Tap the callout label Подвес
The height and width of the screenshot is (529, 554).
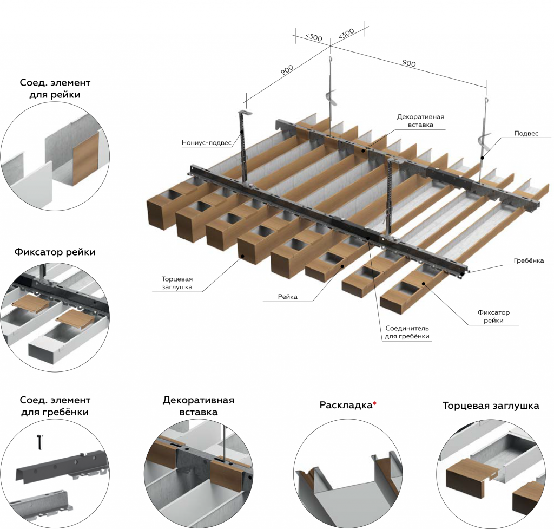(526, 133)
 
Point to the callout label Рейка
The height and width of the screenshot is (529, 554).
(288, 297)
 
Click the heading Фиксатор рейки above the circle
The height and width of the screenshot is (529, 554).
(55, 252)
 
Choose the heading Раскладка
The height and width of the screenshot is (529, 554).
(346, 405)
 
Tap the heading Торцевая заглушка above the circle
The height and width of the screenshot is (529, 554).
(490, 405)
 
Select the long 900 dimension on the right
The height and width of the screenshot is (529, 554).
(409, 63)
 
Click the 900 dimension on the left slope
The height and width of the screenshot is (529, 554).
(287, 69)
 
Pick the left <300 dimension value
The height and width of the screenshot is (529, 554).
(314, 37)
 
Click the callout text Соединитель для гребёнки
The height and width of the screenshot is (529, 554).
(407, 332)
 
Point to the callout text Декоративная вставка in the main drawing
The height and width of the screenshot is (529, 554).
(420, 121)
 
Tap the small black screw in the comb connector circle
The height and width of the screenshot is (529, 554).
(39, 441)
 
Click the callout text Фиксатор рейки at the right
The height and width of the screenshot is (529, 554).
(493, 316)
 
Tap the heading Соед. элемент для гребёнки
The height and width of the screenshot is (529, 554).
(55, 406)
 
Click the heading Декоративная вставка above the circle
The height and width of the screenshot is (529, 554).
(198, 406)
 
